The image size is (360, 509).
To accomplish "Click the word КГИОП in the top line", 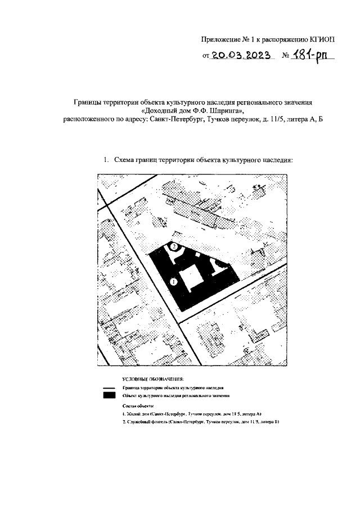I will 322,39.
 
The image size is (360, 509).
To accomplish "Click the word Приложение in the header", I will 222,39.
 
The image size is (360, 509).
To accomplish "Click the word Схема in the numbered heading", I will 126,160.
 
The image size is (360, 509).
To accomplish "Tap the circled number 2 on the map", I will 174,246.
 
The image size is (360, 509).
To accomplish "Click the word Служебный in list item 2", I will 138,421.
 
